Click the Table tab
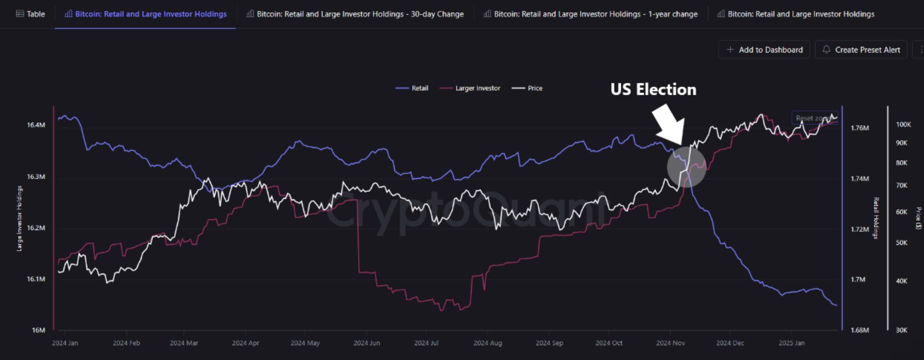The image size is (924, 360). click(31, 14)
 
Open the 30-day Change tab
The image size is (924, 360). click(355, 14)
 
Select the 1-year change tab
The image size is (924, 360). click(591, 14)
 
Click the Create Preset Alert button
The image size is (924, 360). click(861, 50)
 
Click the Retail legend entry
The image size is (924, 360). click(412, 88)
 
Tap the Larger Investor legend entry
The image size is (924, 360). click(471, 88)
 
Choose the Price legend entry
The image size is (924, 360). click(527, 88)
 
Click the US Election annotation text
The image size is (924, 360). click(653, 89)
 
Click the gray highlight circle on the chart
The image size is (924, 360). click(686, 166)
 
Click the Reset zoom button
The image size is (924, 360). click(814, 118)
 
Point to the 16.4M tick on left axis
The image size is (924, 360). click(36, 125)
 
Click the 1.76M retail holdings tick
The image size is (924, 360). click(859, 128)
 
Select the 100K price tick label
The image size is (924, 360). click(903, 125)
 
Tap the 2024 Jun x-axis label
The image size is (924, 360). click(366, 343)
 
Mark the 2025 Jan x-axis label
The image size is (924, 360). click(791, 343)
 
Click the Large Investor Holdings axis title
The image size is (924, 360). click(19, 218)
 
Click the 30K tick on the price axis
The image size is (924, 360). click(901, 330)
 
